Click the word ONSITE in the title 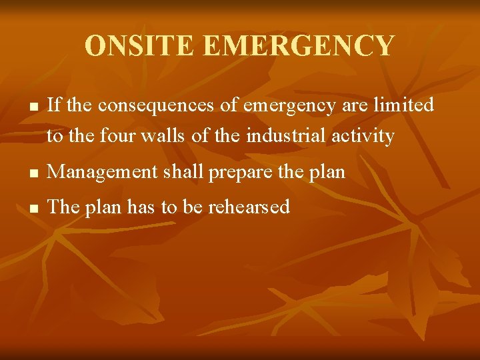(x=139, y=46)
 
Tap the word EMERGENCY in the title (x=298, y=46)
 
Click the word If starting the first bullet (x=55, y=105)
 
